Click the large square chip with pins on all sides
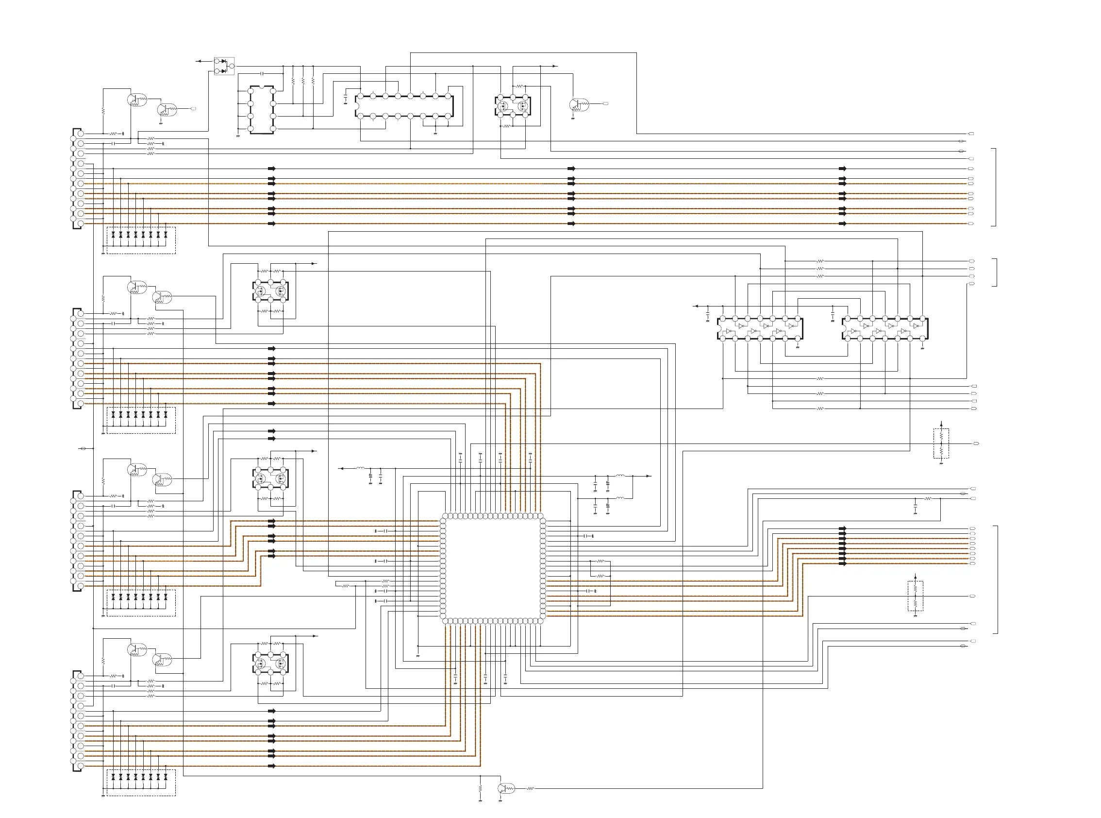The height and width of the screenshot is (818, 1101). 492,568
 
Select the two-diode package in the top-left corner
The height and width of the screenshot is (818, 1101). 224,66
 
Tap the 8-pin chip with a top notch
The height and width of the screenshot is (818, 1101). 262,110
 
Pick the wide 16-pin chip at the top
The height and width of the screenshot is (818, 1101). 404,106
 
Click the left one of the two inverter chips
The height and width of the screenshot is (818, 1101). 760,329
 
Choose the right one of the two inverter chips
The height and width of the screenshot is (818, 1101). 885,329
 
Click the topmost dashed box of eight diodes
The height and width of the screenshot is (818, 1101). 141,240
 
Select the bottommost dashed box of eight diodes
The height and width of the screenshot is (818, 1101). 141,783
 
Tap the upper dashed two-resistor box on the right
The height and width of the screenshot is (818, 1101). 941,443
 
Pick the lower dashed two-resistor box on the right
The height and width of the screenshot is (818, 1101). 915,596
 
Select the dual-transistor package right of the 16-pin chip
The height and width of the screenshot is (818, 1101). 513,106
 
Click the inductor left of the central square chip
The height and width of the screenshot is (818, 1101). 360,468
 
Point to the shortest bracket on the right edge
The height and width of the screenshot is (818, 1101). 995,273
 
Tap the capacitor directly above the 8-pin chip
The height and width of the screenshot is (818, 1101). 262,73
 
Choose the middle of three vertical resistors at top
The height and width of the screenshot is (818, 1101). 303,80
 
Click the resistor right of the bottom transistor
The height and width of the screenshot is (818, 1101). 531,788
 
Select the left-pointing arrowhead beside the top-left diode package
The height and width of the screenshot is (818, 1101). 199,61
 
